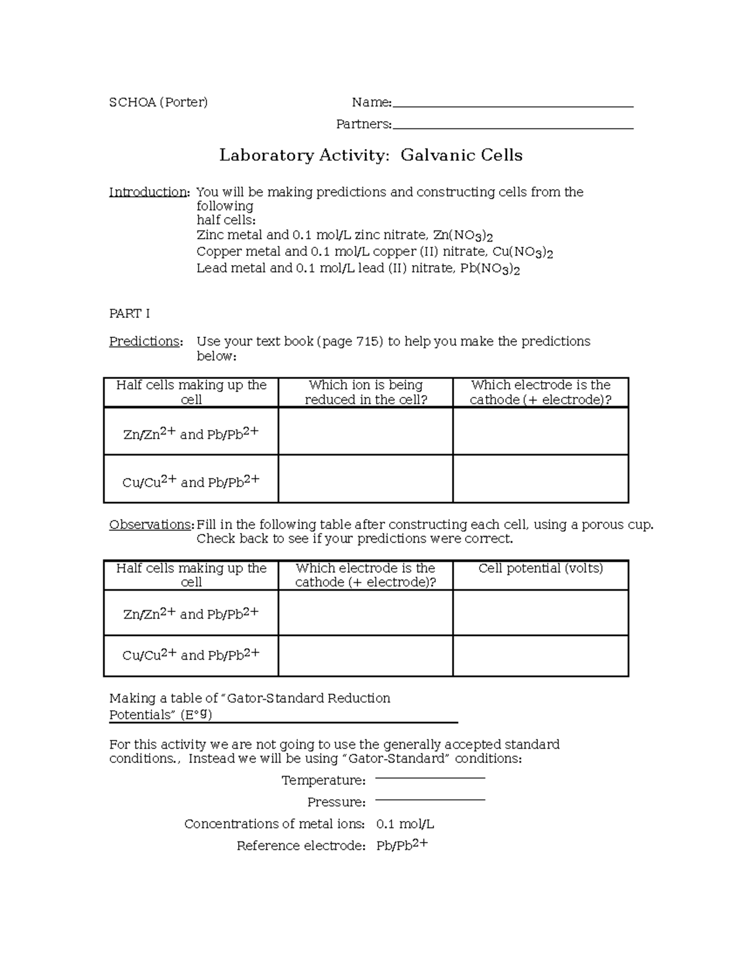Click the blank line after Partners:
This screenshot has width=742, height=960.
pos(513,127)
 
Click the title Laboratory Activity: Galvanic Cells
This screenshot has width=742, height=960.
pos(370,155)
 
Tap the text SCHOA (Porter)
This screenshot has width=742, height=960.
pos(158,103)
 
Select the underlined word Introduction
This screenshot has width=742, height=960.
pos(148,192)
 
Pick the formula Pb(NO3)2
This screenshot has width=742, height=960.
pos(490,269)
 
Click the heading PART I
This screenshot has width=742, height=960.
pos(129,314)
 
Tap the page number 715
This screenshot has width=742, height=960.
pos(367,342)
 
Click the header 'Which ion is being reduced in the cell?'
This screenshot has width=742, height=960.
pos(365,393)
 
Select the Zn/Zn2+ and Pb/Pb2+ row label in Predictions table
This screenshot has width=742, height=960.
pos(191,433)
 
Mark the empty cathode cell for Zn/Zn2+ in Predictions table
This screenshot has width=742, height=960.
pos(540,431)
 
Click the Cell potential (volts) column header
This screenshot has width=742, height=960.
pos(540,569)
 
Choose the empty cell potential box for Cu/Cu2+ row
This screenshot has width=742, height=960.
pos(540,656)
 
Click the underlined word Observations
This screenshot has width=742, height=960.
pos(151,525)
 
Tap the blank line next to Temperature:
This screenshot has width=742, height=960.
pos(430,778)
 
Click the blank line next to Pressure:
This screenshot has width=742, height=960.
pos(430,799)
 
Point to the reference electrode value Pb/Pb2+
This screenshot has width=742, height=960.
pos(402,845)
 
